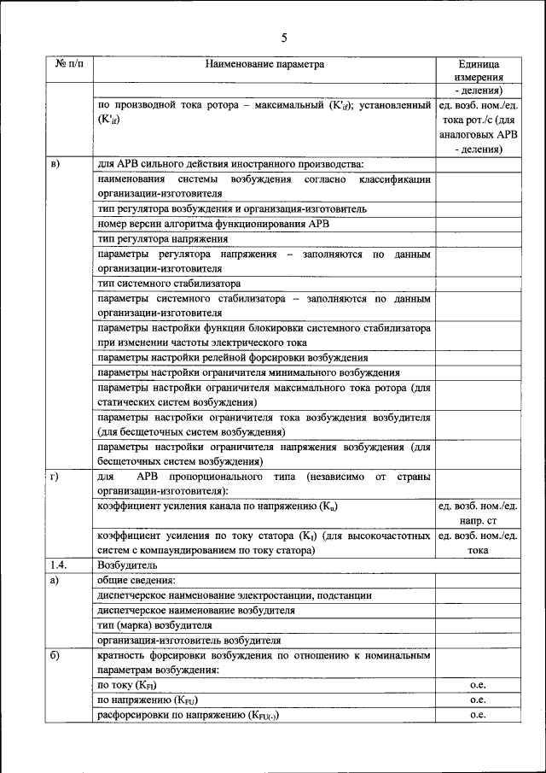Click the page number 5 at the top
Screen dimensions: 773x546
coord(284,37)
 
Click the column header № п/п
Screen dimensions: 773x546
coord(70,64)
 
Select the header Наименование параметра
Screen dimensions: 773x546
coord(264,64)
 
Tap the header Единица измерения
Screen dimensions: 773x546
coord(477,70)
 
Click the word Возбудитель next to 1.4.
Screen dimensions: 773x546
coord(126,565)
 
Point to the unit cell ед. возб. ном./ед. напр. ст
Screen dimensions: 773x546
coord(477,513)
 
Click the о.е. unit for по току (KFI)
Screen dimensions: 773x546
coord(477,685)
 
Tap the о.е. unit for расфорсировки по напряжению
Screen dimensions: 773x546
coord(477,715)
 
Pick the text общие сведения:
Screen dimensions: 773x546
coord(133,581)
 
